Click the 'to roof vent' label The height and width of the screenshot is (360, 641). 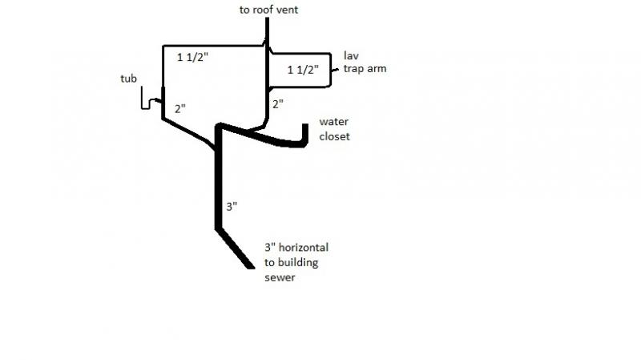coord(268,10)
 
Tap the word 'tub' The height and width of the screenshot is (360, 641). coord(128,79)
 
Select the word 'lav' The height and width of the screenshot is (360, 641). coord(351,55)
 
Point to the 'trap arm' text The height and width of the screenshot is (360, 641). coord(365,69)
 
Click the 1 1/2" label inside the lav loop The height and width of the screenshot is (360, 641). coord(303,70)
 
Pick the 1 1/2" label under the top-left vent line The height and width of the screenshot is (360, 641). coord(192,57)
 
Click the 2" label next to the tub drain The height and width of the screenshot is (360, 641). coord(180,109)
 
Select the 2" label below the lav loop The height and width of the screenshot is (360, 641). coord(278,104)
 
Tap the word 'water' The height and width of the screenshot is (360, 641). coord(334,122)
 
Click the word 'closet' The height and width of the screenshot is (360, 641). coord(334,136)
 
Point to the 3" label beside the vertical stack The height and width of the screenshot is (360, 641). coord(232,207)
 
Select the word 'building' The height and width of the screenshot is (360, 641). coord(297,263)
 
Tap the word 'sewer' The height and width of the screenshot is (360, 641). coord(280,277)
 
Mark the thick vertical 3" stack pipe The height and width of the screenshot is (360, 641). coord(218,176)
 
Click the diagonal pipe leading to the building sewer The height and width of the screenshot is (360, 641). coord(235,249)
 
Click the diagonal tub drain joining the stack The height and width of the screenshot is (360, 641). coord(189,134)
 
